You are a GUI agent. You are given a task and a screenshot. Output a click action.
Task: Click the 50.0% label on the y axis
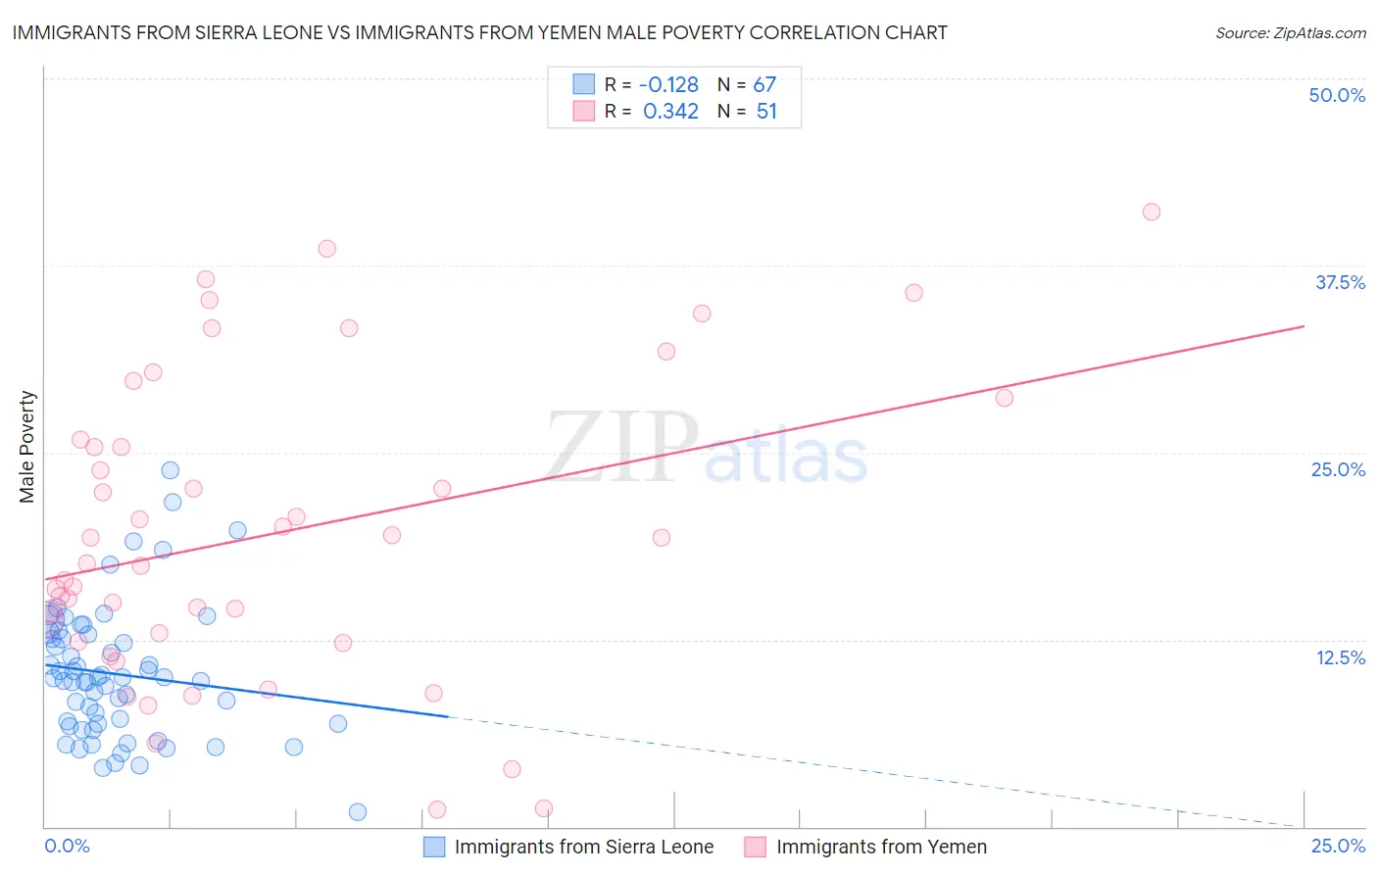[x=1337, y=95]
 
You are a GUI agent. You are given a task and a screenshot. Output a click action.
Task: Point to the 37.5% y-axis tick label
[x=1340, y=282]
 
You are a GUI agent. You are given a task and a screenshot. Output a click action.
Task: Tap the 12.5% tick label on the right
[x=1340, y=657]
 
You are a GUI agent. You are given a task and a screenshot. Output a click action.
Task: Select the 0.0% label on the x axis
[x=67, y=846]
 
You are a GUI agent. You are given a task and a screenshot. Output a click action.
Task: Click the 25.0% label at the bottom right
[x=1338, y=846]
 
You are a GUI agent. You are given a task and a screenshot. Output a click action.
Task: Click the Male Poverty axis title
[x=27, y=447]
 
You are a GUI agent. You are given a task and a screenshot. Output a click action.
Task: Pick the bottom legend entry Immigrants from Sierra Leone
[x=583, y=847]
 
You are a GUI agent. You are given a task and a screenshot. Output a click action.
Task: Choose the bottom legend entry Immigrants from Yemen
[x=881, y=847]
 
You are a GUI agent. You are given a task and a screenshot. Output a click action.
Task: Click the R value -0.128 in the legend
[x=668, y=85]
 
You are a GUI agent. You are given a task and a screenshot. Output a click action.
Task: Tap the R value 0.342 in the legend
[x=670, y=112]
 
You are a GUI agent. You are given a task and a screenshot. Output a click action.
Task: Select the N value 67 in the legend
[x=764, y=85]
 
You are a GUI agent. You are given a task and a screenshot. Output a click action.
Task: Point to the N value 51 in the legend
[x=766, y=112]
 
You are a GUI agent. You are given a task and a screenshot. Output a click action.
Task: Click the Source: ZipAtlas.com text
[x=1290, y=33]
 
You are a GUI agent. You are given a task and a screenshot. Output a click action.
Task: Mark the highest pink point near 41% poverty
[x=1152, y=212]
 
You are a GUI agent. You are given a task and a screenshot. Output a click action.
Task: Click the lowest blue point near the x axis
[x=358, y=811]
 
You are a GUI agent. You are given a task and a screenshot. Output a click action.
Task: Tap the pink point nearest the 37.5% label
[x=913, y=292]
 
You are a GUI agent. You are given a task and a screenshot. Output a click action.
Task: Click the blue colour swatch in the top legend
[x=584, y=84]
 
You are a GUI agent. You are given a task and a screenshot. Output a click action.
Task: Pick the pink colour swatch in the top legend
[x=584, y=111]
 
